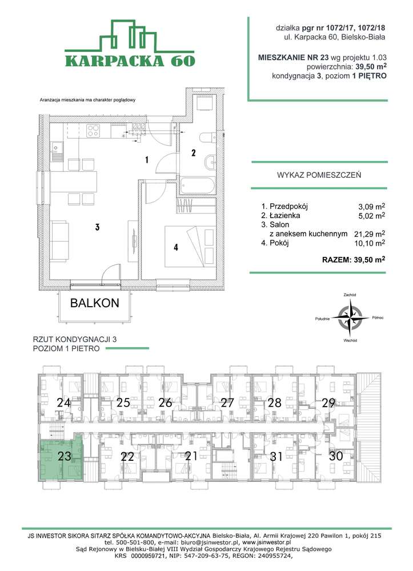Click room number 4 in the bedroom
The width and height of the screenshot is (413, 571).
tap(176, 247)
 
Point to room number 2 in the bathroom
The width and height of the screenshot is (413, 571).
tap(194, 153)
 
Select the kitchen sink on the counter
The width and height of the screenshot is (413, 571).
tap(58, 150)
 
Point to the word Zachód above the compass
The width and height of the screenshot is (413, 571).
tap(350, 295)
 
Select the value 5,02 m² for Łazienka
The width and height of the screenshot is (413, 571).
tap(369, 216)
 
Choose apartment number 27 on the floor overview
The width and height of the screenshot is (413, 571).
tap(228, 403)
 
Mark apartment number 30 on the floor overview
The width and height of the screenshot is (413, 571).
tap(336, 456)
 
